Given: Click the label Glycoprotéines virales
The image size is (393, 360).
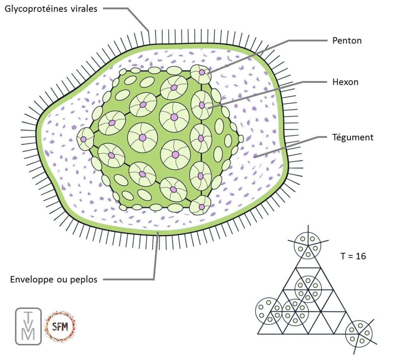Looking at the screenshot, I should (51, 9).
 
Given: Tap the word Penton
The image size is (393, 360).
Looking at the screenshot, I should (347, 40).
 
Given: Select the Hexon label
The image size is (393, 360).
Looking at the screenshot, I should (345, 82).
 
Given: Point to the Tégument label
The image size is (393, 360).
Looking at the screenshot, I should (353, 137).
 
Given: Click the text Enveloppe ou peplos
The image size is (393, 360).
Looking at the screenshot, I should (54, 279).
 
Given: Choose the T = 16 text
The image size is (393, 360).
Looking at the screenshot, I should (353, 256).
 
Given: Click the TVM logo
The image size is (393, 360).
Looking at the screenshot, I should (28, 325).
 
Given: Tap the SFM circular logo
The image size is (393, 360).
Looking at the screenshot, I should (60, 326).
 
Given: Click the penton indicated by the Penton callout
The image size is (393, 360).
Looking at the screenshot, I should (201, 73).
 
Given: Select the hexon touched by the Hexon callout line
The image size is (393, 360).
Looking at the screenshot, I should (201, 105).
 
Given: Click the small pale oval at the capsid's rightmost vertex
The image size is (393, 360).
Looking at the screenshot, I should (241, 139).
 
